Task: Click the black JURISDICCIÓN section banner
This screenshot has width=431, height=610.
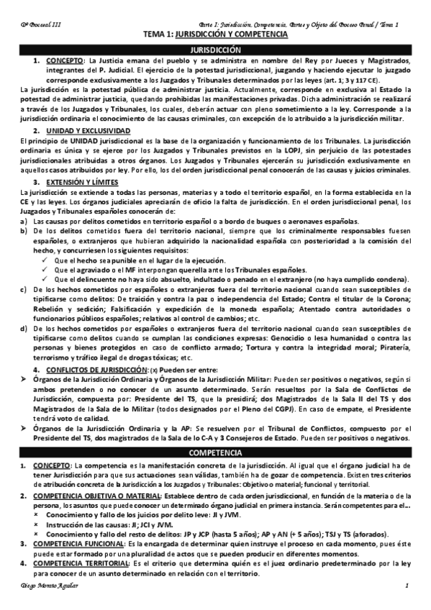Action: pyautogui.click(x=215, y=50)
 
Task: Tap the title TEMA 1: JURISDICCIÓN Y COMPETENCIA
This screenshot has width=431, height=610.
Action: pyautogui.click(x=215, y=35)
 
